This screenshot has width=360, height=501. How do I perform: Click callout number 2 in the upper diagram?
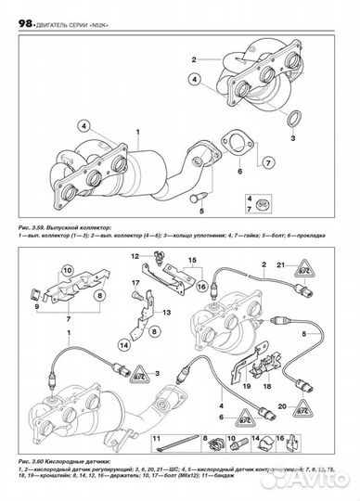tap(196, 59)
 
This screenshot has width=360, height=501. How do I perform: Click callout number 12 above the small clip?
tap(135, 254)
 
